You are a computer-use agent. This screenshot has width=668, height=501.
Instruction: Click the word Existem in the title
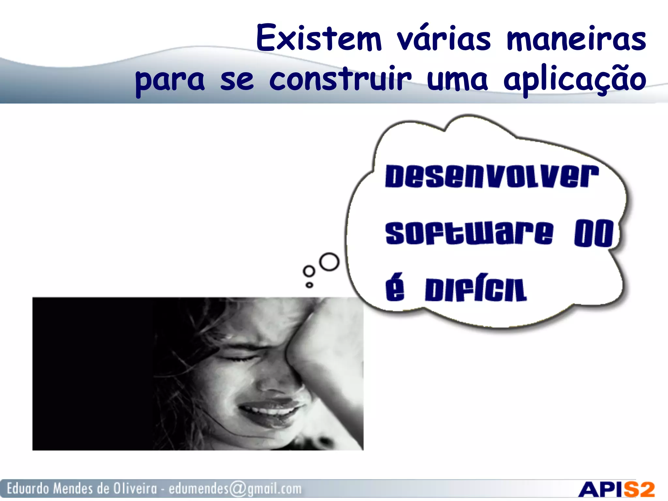[x=319, y=38]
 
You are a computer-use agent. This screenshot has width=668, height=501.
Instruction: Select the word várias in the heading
[x=444, y=39]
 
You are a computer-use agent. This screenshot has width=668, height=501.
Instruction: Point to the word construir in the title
[x=340, y=79]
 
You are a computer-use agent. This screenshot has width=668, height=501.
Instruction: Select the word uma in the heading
[x=457, y=80]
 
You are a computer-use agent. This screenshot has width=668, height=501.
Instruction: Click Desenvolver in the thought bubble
[x=492, y=176]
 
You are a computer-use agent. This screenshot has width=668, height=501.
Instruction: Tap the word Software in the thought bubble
[x=469, y=233]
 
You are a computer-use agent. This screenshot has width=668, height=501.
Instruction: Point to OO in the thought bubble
[x=594, y=233]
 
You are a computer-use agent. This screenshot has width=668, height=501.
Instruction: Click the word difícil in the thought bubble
[x=475, y=289]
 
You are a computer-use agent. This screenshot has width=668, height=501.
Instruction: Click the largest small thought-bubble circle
[x=329, y=262]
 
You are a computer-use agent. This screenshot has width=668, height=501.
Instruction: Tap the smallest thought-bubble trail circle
[x=309, y=285]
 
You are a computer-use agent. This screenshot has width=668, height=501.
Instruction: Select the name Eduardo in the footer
[x=28, y=489]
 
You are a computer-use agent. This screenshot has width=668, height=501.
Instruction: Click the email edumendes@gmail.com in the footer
[x=235, y=489]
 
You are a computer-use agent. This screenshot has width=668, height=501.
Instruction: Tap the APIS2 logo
[x=616, y=489]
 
